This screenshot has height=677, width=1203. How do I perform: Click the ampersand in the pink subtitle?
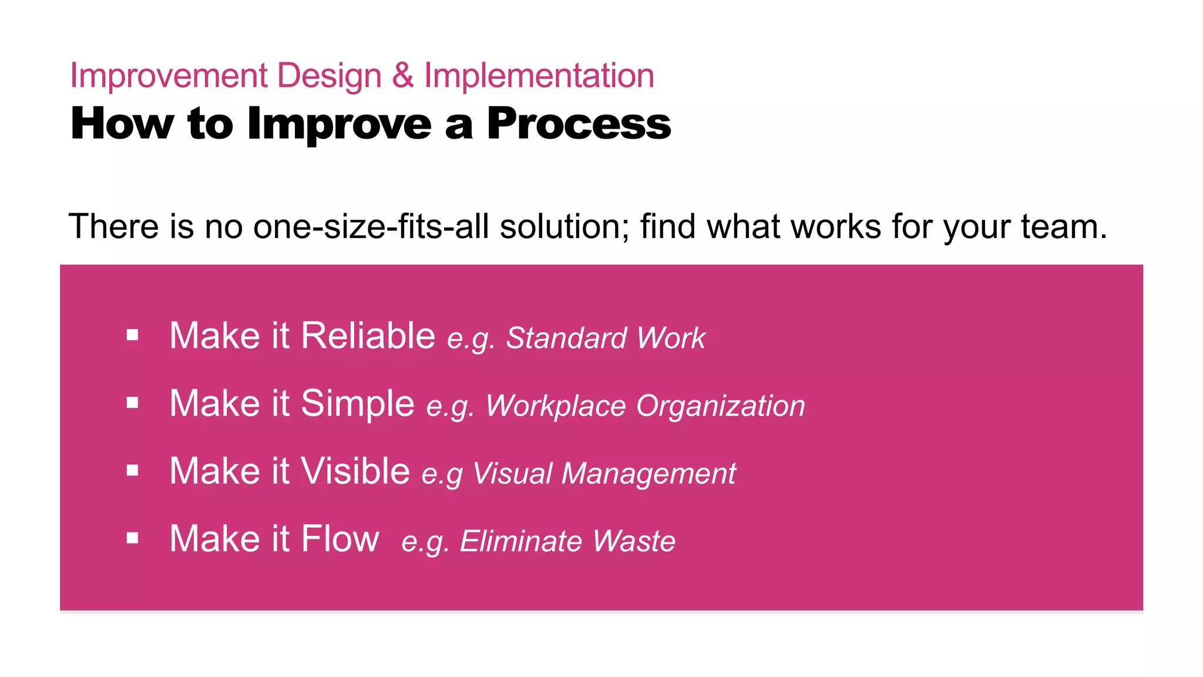tap(402, 76)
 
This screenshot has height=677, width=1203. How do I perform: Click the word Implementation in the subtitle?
tap(539, 76)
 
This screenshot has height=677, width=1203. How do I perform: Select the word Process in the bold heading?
tap(579, 124)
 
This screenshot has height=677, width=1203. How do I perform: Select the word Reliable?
tap(368, 336)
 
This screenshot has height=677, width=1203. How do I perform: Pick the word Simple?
tap(357, 404)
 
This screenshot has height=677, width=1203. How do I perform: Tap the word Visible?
tap(355, 471)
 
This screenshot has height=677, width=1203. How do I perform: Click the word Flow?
tap(340, 539)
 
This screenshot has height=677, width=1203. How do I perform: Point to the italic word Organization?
tap(720, 406)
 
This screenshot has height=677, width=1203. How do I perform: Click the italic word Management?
tap(648, 474)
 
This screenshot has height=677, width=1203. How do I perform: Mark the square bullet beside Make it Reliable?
tap(133, 336)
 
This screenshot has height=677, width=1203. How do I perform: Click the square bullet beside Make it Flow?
tap(133, 538)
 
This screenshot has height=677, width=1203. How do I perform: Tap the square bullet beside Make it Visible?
tap(133, 471)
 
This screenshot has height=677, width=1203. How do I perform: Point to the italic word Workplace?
tap(556, 406)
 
